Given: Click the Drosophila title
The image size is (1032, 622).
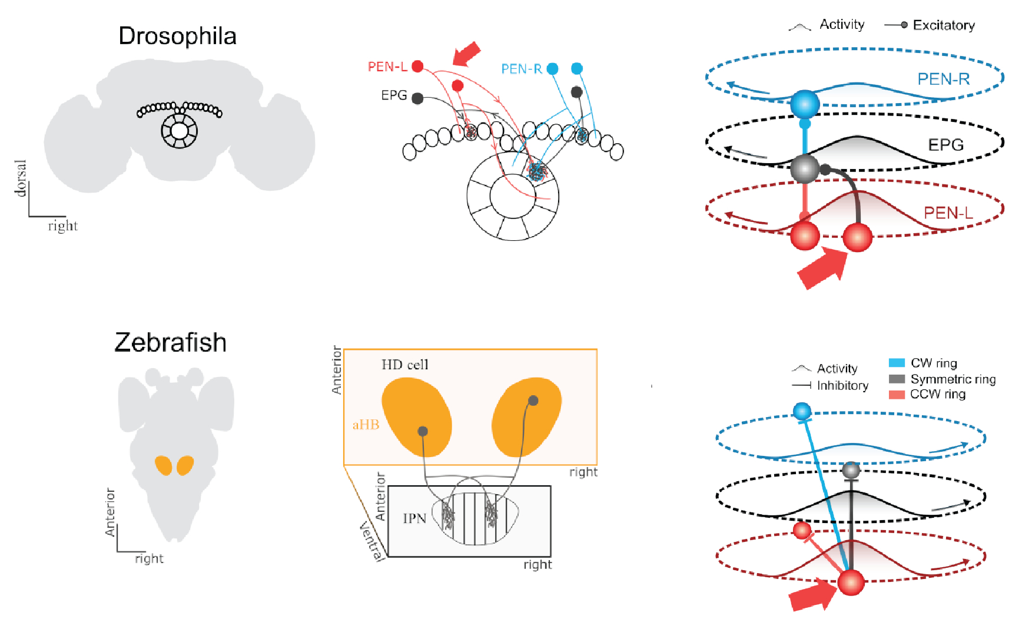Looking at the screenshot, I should (x=177, y=37).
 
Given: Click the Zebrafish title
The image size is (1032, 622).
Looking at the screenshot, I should (x=170, y=343).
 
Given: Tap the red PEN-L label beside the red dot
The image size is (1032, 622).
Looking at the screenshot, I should (x=387, y=67).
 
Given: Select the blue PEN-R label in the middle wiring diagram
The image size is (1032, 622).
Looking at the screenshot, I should (x=521, y=70).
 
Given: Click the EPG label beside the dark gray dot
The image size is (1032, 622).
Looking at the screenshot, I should (x=394, y=95).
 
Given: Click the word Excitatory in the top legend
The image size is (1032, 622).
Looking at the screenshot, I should (x=944, y=25).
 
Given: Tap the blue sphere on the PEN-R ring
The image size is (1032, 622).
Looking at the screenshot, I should (x=805, y=104).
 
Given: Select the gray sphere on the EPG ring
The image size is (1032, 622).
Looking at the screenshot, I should (x=804, y=168).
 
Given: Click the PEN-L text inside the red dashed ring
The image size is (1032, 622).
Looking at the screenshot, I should (x=948, y=213).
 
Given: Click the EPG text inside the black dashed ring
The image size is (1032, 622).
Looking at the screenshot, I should (x=945, y=145).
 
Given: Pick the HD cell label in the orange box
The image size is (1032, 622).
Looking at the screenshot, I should (x=405, y=365).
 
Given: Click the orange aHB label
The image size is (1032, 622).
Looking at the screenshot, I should (x=366, y=425).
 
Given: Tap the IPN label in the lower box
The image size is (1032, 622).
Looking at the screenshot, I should (x=414, y=518).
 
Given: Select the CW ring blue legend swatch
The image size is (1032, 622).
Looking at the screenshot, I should (x=897, y=363).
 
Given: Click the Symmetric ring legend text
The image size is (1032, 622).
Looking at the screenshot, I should (x=953, y=379).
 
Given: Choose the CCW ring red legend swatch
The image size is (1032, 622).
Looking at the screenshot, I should (x=897, y=395).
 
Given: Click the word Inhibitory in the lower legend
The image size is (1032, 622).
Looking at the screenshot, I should (x=842, y=386).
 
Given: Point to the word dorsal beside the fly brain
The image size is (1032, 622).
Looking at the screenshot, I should (x=21, y=178).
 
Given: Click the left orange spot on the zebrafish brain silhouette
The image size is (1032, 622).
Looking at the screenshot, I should (x=163, y=465).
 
